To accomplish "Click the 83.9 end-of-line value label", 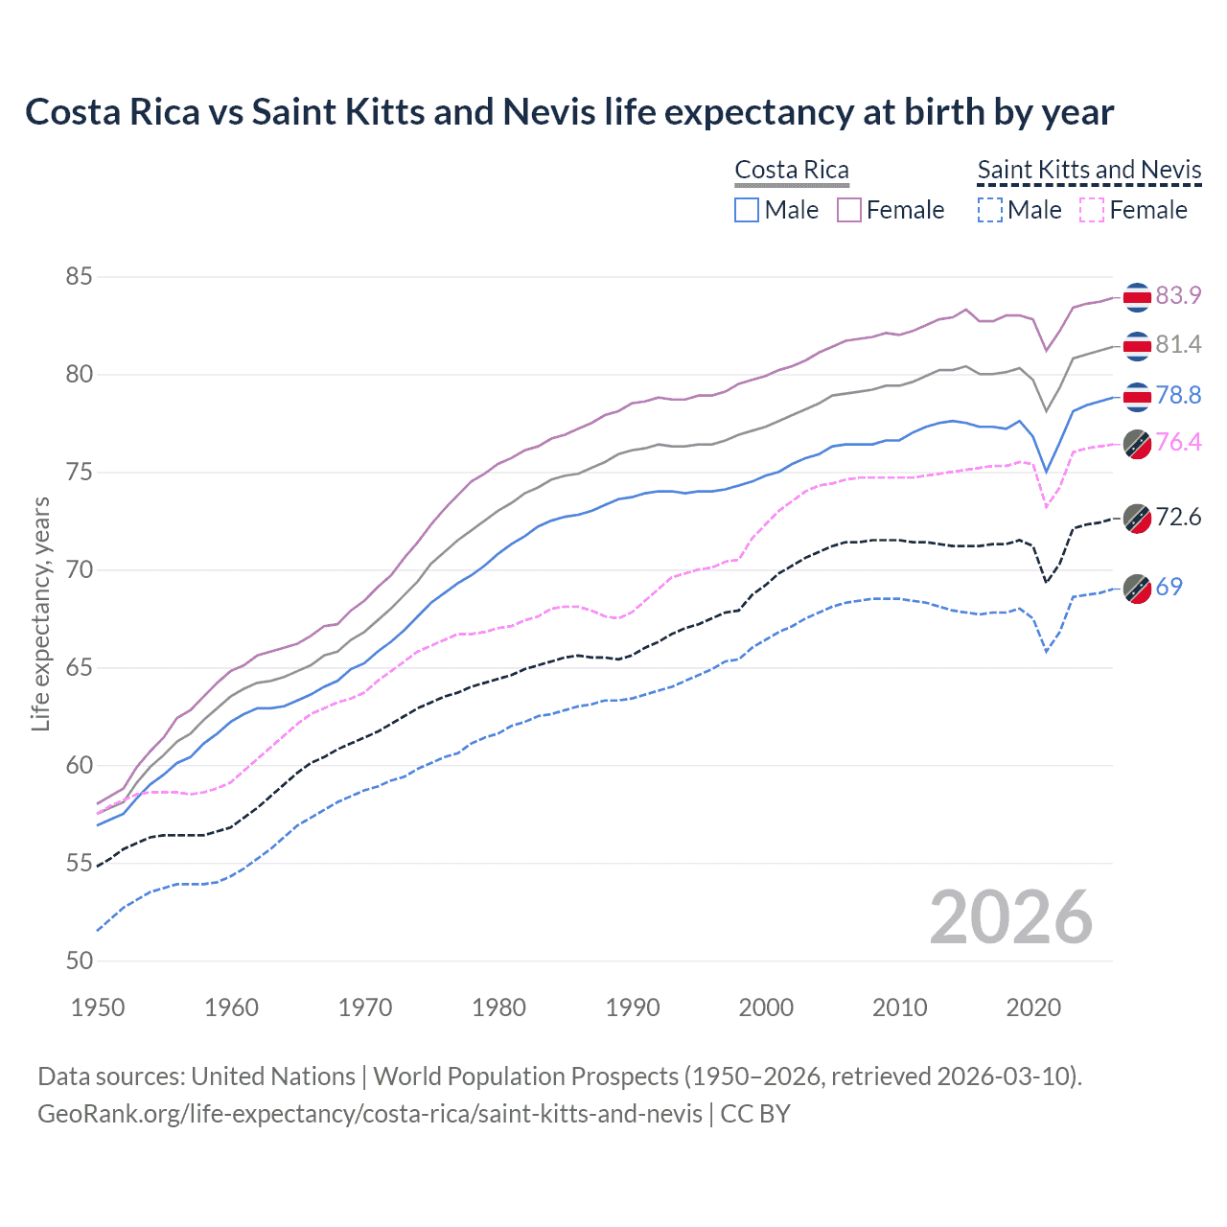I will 1178,295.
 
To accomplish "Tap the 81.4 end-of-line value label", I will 1178,344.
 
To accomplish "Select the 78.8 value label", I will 1178,395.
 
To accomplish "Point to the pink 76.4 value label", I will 1178,442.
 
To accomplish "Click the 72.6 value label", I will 1178,517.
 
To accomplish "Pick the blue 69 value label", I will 1169,587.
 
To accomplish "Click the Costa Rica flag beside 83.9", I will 1137,297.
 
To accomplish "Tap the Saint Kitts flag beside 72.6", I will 1137,518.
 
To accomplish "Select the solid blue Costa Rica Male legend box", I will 747,210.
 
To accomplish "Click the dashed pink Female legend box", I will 1092,210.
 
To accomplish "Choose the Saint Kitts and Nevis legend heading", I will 1089,170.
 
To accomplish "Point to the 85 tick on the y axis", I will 80,277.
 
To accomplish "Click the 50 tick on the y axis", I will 80,961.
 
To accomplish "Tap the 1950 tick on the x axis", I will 98,1007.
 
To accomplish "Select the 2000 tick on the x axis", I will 766,1007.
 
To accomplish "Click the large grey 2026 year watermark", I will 1010,917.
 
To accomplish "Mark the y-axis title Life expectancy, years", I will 40,613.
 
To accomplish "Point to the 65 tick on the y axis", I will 80,667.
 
